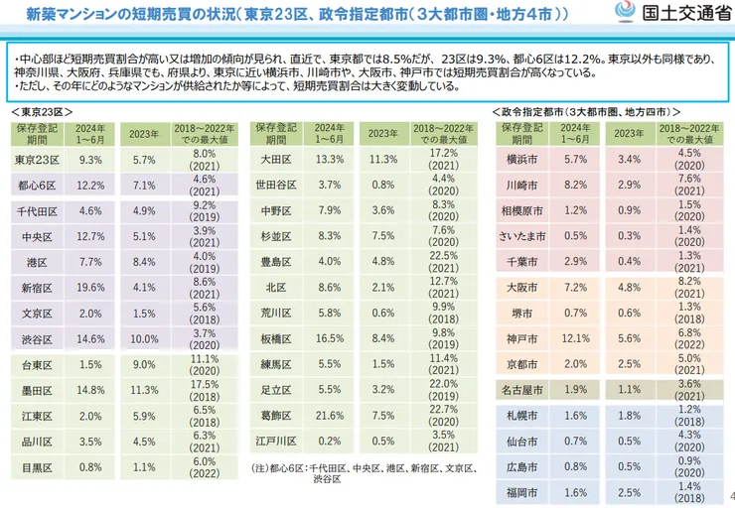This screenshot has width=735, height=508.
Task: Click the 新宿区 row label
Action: (39, 288)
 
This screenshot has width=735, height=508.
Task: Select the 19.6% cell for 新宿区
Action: (90, 288)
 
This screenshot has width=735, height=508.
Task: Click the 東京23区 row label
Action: (39, 159)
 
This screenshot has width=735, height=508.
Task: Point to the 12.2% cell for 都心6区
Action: (90, 185)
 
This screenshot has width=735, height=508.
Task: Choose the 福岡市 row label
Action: (520, 493)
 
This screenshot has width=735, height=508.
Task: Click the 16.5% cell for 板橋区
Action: (330, 338)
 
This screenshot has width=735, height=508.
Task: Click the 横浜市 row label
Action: (520, 159)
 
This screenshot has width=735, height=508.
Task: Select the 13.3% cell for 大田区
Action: (330, 159)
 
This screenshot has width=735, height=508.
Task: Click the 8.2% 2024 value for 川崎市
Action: (575, 185)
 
